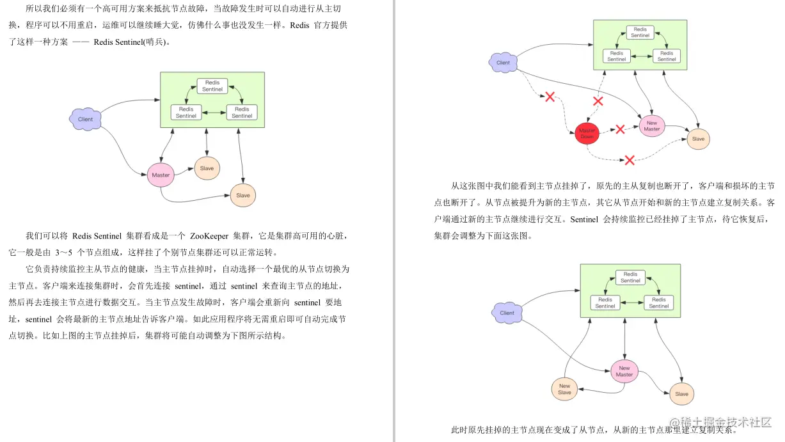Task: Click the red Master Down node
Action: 587,133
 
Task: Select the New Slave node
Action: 564,389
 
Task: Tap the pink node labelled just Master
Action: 161,175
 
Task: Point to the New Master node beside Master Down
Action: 651,126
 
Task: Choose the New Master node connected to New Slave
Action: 624,371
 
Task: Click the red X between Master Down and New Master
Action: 619,130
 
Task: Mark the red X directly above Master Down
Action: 598,101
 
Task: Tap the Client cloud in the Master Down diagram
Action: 504,63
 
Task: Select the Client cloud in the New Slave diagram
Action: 507,313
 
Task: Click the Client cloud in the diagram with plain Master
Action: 85,120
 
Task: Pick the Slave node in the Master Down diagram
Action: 698,139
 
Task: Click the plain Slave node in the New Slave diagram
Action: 681,394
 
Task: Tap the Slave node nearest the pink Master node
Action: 207,168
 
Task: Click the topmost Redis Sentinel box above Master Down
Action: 640,32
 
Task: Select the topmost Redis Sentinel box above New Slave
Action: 630,277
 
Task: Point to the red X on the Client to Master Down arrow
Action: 549,97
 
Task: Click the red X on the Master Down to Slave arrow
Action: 630,159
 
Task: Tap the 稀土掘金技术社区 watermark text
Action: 726,422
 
